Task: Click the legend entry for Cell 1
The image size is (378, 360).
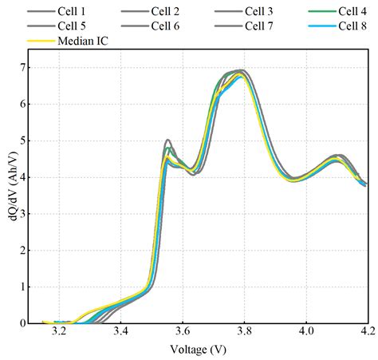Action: pos(73,12)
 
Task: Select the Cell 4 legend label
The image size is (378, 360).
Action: pos(352,12)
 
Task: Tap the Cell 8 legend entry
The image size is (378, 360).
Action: pos(352,26)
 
